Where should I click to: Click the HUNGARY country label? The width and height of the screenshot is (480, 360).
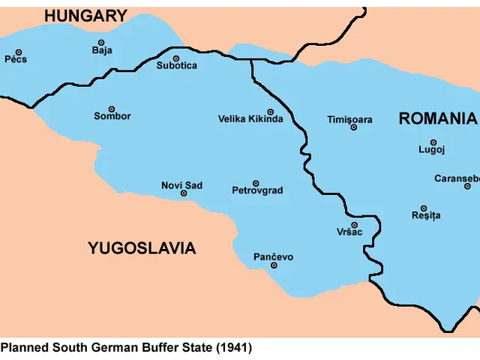tap(85, 16)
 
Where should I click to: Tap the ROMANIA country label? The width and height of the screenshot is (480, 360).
tap(437, 118)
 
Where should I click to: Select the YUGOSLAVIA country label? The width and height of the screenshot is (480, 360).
tap(142, 248)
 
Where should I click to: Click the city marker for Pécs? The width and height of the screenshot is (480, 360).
tap(17, 52)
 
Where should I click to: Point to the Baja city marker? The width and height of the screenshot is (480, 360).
tap(102, 43)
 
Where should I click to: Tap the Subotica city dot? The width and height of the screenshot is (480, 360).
tap(176, 58)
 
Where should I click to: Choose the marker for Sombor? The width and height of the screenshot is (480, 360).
tap(112, 109)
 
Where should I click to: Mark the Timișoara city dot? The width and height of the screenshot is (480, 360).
tap(353, 127)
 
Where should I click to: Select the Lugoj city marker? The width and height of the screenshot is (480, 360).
tap(433, 142)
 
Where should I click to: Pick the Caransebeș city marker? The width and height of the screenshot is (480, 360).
tap(467, 186)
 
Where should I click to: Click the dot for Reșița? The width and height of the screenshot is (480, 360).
tap(424, 208)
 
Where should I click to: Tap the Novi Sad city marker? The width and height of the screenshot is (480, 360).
tap(184, 193)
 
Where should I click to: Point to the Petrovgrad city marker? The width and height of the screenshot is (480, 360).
tap(256, 183)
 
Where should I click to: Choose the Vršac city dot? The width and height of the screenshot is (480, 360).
tap(354, 225)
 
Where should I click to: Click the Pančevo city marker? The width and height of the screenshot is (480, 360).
tap(274, 265)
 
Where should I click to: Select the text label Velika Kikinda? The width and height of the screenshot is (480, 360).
tap(250, 119)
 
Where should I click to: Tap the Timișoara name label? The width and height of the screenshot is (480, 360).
tap(349, 119)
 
